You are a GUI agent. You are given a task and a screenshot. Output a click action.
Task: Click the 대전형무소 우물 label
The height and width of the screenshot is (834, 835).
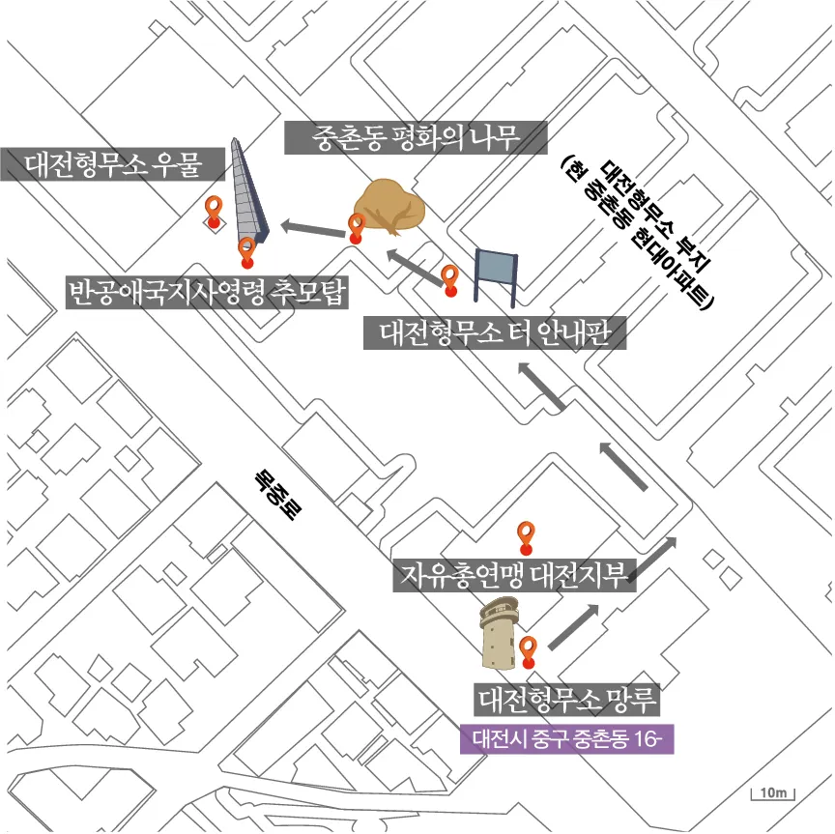[112, 164]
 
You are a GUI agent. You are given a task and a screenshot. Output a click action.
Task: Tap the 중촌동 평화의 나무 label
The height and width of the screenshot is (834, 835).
[417, 138]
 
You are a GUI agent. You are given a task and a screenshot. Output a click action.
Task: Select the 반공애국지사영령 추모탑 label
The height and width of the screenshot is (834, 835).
[207, 291]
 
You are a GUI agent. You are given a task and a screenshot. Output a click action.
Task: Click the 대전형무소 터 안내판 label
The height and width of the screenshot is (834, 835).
[496, 333]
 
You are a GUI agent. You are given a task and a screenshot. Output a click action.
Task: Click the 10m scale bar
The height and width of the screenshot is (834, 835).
[772, 794]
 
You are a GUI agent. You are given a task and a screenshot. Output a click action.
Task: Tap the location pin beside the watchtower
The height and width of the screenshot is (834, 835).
[528, 651]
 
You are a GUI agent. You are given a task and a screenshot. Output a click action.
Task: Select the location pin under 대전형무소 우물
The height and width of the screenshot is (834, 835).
[214, 210]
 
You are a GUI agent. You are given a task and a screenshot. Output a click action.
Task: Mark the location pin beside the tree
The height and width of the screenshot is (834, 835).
[357, 228]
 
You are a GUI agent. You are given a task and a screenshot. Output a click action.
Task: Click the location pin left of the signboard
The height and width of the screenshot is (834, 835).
[449, 279]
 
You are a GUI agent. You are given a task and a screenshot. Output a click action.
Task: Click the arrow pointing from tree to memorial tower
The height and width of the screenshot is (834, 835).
[312, 230]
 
